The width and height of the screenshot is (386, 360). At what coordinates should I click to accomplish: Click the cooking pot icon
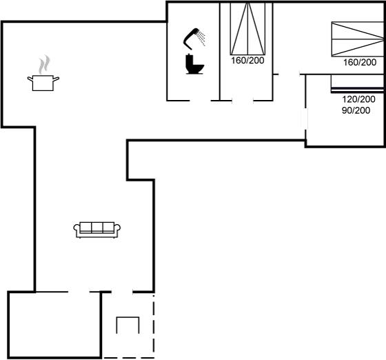(43, 83)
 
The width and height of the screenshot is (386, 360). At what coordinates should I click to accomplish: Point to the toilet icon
(194, 64)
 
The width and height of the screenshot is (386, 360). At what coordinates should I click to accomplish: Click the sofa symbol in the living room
(97, 230)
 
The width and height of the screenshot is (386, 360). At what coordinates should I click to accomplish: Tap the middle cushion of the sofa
(97, 227)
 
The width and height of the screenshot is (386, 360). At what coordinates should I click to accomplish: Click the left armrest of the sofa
(77, 228)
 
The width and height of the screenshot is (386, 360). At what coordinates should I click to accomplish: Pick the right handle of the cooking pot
(56, 79)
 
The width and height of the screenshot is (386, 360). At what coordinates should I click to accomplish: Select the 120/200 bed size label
(358, 99)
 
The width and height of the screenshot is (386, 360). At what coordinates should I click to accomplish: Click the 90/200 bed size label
(356, 110)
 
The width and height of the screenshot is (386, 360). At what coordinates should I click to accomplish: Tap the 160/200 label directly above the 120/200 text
(360, 62)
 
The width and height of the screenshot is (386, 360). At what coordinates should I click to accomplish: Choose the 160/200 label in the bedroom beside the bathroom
(247, 60)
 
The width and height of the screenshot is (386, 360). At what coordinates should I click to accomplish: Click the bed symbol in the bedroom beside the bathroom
(247, 28)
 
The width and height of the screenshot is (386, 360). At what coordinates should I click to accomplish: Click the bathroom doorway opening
(200, 101)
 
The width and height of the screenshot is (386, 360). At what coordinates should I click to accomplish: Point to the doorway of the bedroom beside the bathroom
(243, 101)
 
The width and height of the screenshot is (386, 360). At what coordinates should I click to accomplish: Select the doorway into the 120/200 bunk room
(306, 119)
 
